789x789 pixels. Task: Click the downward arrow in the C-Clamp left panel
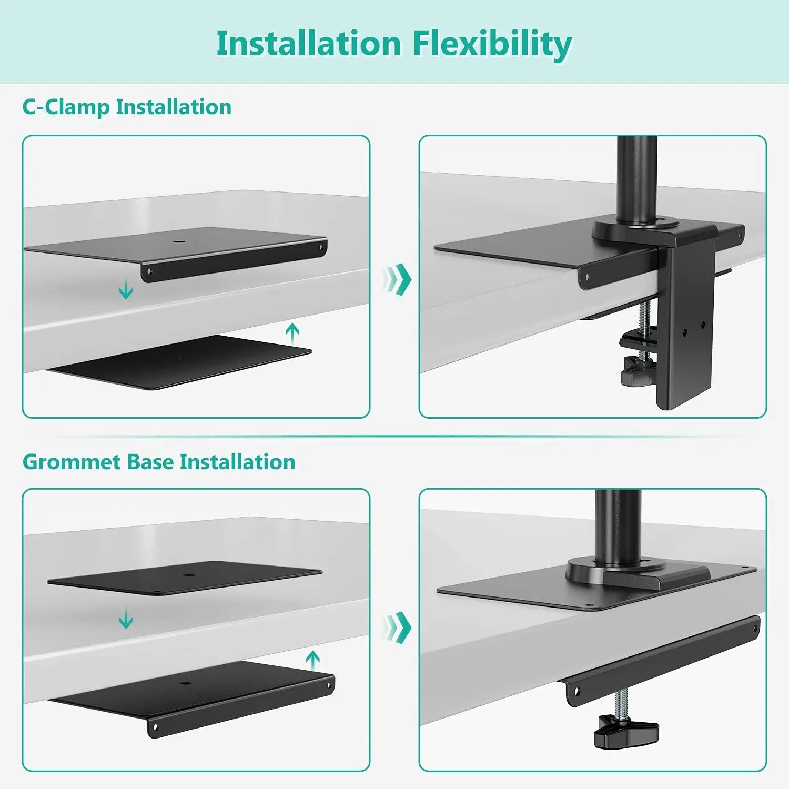(126, 289)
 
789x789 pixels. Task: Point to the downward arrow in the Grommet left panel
(126, 618)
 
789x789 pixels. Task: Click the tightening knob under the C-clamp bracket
(638, 368)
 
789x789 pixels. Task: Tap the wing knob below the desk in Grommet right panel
(626, 731)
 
